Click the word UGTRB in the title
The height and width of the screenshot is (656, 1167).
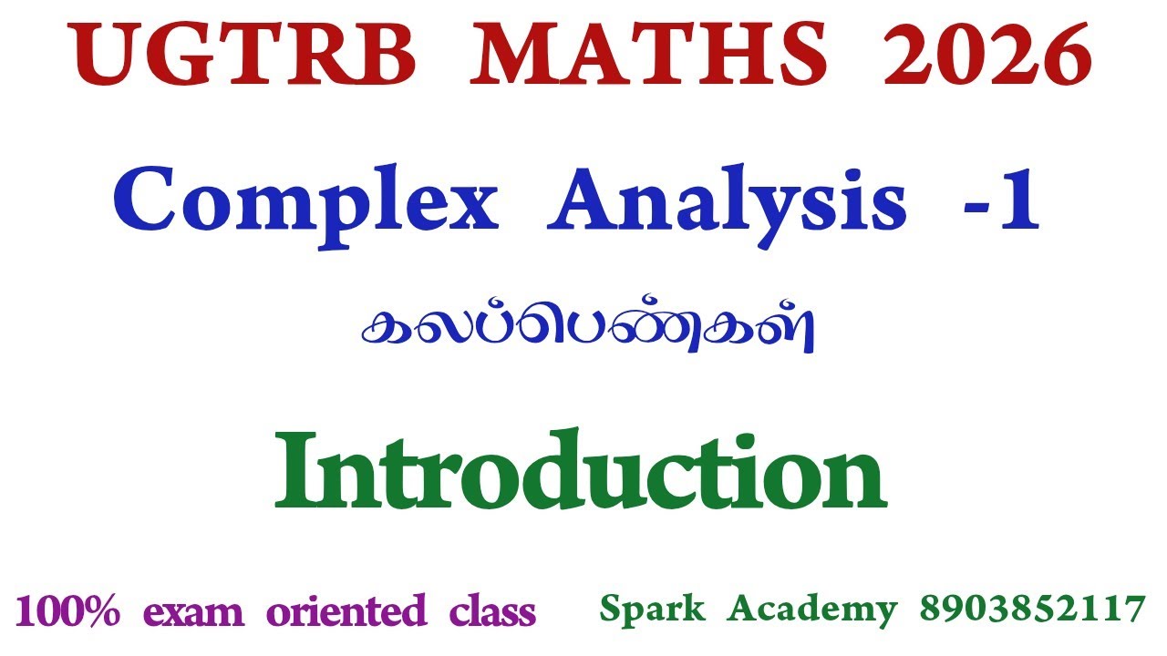click(x=244, y=56)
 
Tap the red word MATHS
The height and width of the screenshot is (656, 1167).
click(x=654, y=56)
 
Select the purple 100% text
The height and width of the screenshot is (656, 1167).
click(x=67, y=610)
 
